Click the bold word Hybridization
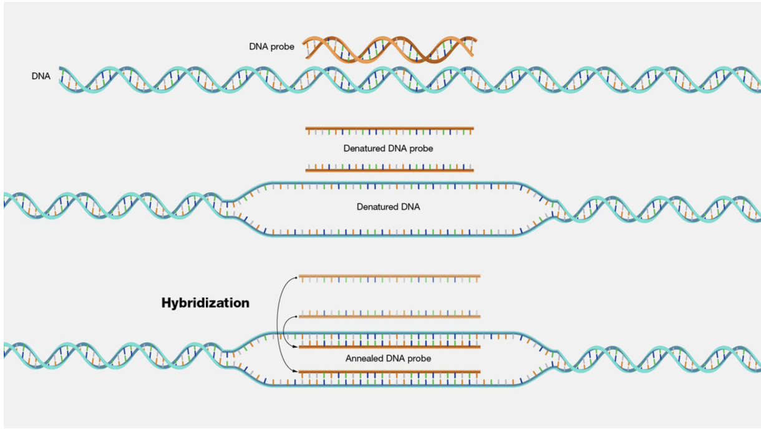[x=205, y=303]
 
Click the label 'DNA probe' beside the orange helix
[x=271, y=47]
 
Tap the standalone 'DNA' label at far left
[x=41, y=76]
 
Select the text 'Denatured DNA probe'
[x=388, y=149]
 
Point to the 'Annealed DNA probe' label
[x=388, y=359]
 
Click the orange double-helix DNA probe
[x=390, y=49]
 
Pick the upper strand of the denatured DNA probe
[x=390, y=129]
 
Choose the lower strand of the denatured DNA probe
[x=390, y=170]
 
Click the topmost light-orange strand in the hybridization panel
[x=390, y=276]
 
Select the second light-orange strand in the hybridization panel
[x=390, y=316]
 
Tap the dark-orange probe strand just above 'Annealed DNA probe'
[x=390, y=347]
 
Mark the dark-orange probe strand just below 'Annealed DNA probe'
[x=390, y=372]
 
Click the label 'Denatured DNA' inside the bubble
[x=388, y=206]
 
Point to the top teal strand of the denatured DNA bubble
[x=390, y=183]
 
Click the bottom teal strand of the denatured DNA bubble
[x=390, y=235]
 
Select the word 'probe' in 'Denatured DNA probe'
[x=421, y=149]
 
